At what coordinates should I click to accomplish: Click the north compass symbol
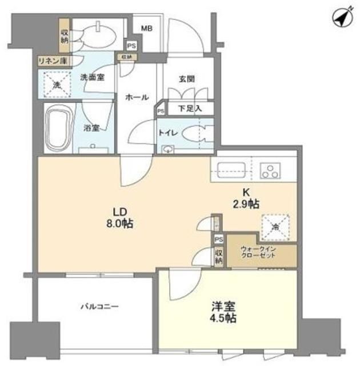341,18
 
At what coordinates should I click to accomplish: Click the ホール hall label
137,98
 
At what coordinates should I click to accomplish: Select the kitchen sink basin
231,170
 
